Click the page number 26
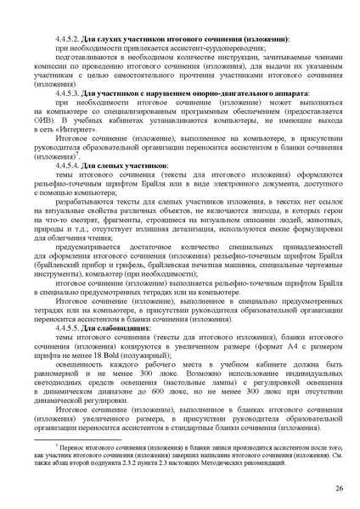tap(338, 489)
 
